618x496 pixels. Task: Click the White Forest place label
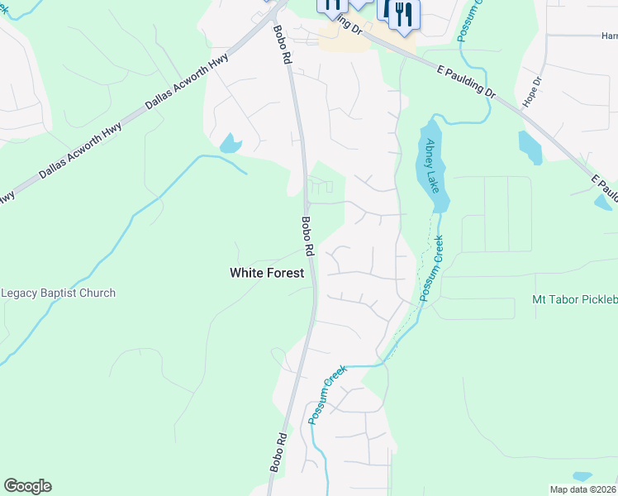(266, 272)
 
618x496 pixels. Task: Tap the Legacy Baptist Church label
(59, 293)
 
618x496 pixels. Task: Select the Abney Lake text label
(430, 165)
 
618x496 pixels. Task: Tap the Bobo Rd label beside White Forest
(307, 236)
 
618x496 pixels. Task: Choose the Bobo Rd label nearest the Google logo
(278, 452)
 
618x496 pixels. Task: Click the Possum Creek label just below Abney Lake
(430, 268)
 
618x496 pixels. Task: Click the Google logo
(27, 486)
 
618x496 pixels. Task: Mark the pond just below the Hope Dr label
(529, 148)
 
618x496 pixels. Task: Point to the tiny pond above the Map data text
(582, 476)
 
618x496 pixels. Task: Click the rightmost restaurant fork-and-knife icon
(404, 14)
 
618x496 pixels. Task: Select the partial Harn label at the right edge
(609, 36)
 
